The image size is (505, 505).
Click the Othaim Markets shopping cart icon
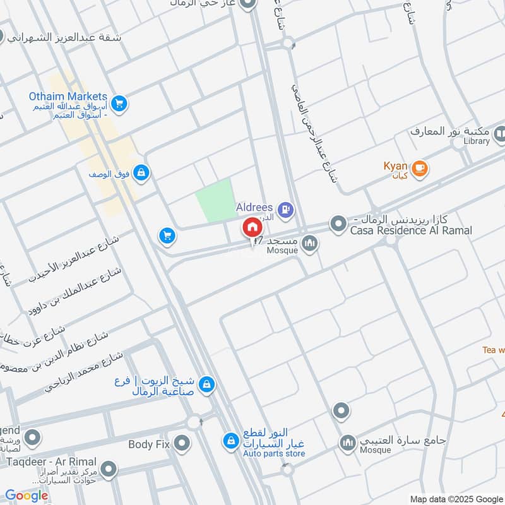(x=119, y=103)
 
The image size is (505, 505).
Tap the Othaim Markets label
(x=68, y=97)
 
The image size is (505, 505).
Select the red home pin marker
(x=251, y=227)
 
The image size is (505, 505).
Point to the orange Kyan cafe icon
(x=420, y=169)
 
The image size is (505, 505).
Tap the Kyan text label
(x=395, y=166)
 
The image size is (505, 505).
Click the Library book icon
(x=501, y=134)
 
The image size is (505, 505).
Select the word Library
(x=477, y=141)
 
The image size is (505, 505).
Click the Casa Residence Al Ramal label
(x=411, y=231)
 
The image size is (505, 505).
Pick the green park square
(x=213, y=200)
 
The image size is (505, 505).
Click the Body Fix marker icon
(x=182, y=443)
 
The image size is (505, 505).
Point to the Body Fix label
(x=150, y=444)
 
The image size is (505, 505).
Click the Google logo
(x=27, y=496)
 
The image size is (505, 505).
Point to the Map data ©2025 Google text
(x=455, y=498)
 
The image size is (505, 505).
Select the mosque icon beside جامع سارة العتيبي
(x=347, y=443)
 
